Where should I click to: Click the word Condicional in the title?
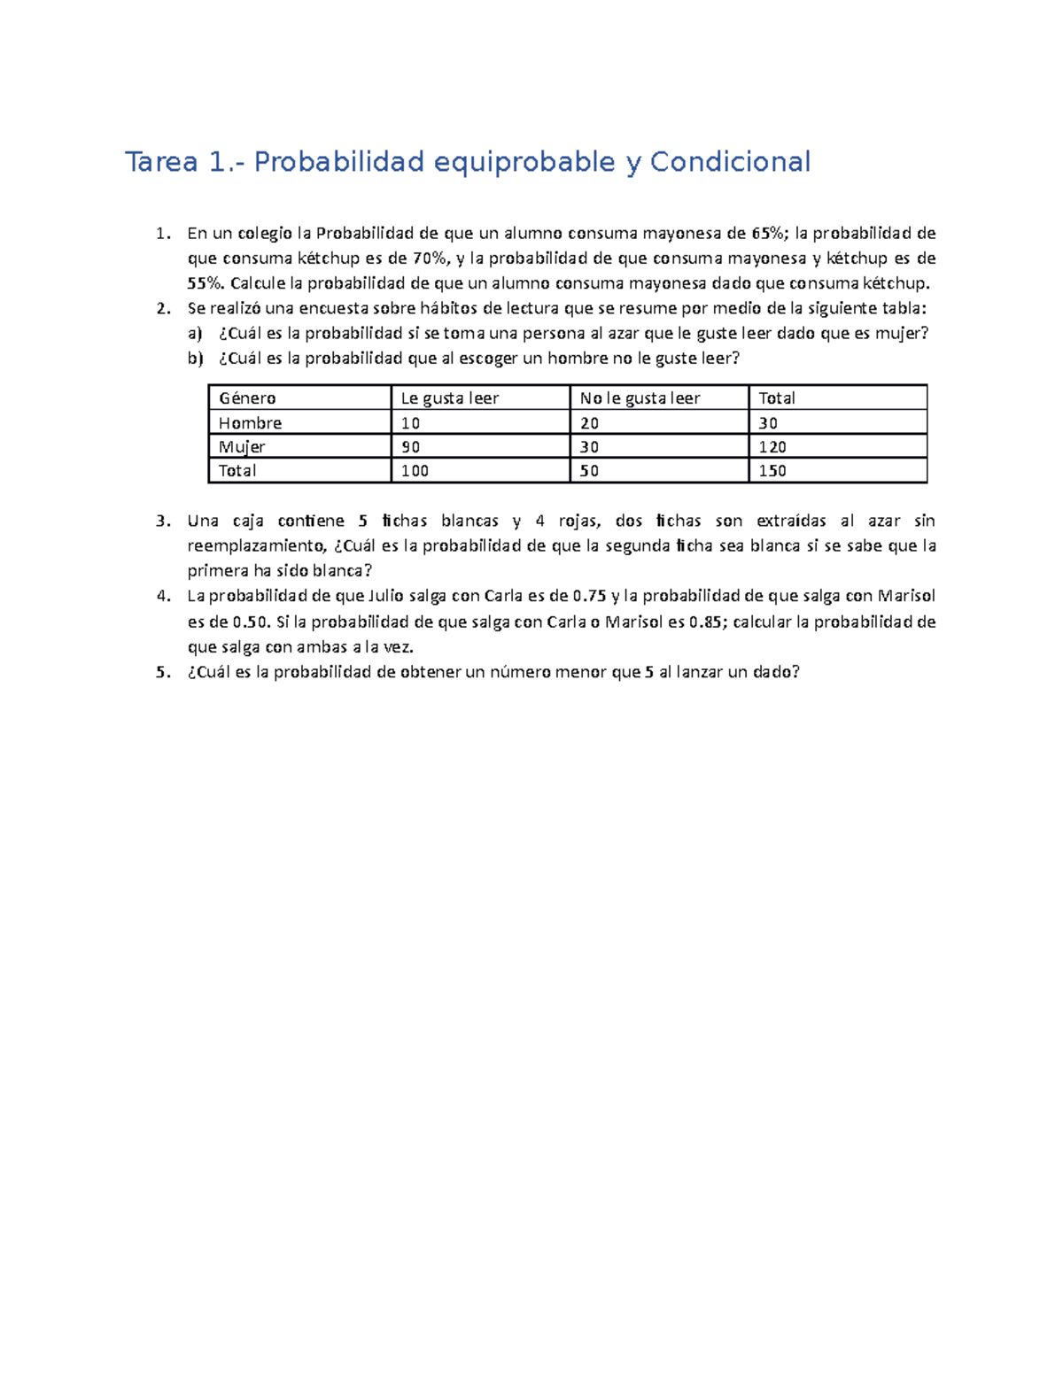coord(730,162)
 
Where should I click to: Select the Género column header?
coord(247,398)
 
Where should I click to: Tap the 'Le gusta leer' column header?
coord(450,398)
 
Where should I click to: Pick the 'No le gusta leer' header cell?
coord(640,398)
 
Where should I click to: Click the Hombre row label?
coord(250,423)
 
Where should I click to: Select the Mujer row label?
coord(242,447)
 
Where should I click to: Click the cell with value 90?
coord(411,447)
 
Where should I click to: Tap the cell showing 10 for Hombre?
coord(411,423)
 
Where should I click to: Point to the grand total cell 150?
coord(772,471)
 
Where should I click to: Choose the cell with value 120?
coord(772,447)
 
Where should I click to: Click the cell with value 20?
coord(590,423)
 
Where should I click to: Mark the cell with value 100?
coord(415,471)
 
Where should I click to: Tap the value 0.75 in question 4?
coord(590,596)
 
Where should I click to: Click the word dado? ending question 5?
coord(776,672)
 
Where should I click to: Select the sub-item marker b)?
coord(195,359)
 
